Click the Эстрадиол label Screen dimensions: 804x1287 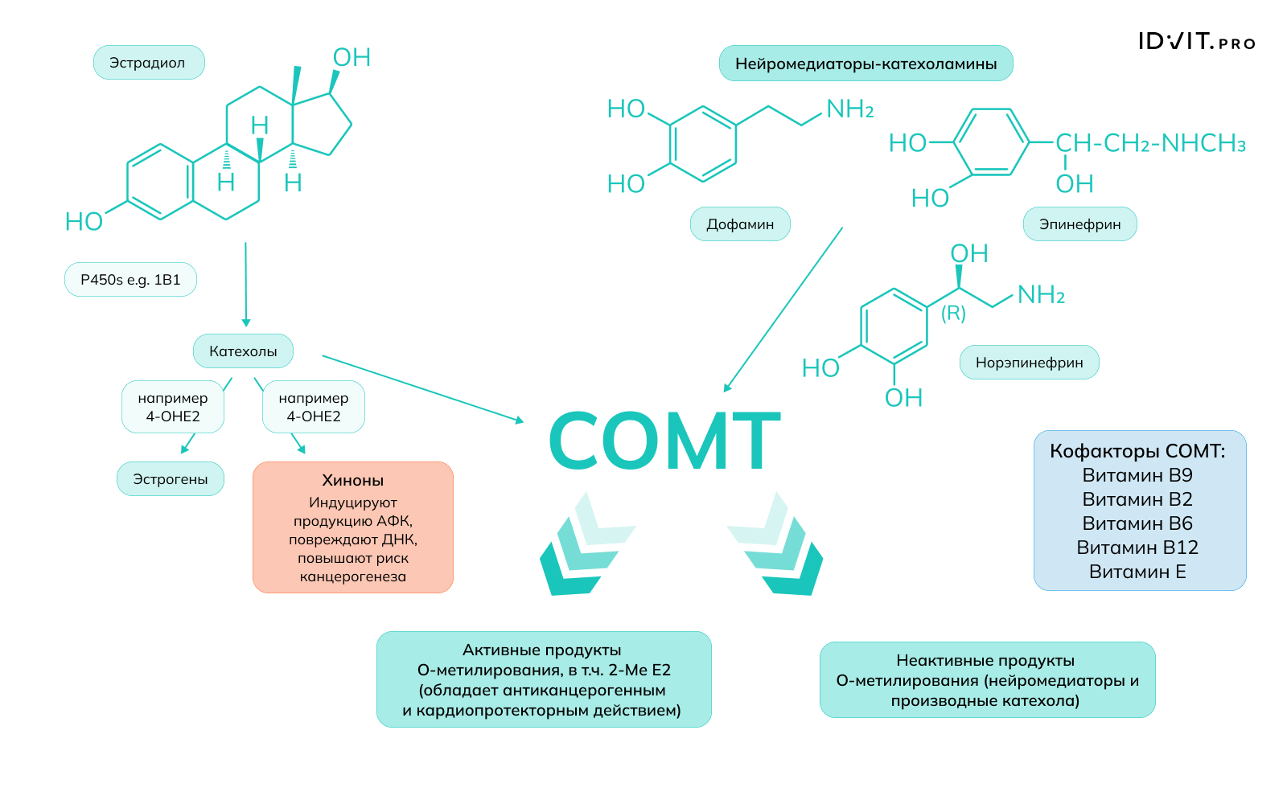coord(149,63)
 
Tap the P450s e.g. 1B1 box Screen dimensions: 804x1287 coord(130,280)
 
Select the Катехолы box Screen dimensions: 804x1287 coord(243,351)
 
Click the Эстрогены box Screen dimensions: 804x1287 coord(171,479)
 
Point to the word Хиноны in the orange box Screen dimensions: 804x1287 coord(352,481)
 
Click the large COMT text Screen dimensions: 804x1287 coord(664,441)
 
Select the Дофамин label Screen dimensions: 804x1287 coord(740,224)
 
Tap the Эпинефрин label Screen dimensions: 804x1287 coord(1079,224)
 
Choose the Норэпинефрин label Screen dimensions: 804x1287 coord(1029,363)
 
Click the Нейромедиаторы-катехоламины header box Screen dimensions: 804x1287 coord(866,64)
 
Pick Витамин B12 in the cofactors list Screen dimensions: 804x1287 coord(1137,548)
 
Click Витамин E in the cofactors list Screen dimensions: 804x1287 coord(1137,572)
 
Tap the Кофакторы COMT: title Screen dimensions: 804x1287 coord(1137,451)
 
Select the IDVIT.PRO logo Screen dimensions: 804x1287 coord(1196,42)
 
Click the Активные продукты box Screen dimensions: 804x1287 coord(544,679)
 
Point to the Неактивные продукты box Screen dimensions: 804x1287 coord(987,680)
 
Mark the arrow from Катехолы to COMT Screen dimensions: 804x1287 coord(422,388)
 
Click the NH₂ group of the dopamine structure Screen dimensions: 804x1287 coord(849,109)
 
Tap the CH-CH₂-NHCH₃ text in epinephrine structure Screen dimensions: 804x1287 coord(1150,144)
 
